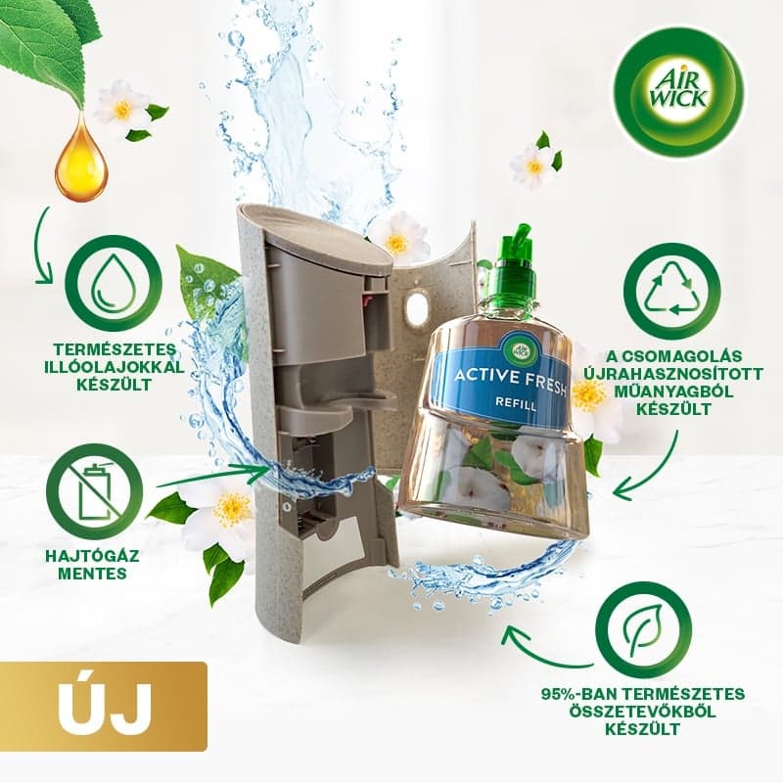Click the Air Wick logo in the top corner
pyautogui.click(x=678, y=94)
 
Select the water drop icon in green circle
pyautogui.click(x=114, y=283)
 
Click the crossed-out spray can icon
pyautogui.click(x=94, y=491)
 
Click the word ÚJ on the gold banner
pyautogui.click(x=105, y=706)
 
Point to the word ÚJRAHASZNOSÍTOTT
pyautogui.click(x=673, y=374)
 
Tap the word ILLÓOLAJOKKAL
pyautogui.click(x=113, y=367)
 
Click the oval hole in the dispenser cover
pyautogui.click(x=415, y=307)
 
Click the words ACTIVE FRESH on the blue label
pyautogui.click(x=510, y=381)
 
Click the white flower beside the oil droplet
pyautogui.click(x=123, y=108)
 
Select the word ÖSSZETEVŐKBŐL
pyautogui.click(x=643, y=711)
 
